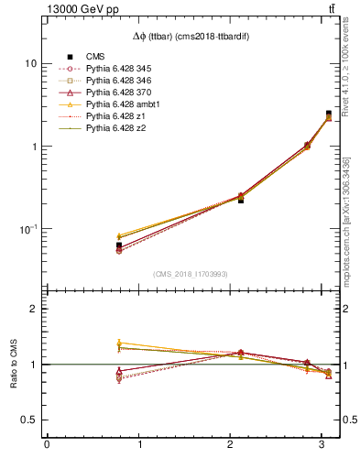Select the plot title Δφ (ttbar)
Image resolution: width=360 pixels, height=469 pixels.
[x=192, y=36]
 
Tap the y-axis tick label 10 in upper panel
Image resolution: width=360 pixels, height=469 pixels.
[x=31, y=64]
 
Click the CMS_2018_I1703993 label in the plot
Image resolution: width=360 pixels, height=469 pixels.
[x=192, y=274]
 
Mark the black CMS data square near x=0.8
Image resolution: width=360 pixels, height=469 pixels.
[x=119, y=245]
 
